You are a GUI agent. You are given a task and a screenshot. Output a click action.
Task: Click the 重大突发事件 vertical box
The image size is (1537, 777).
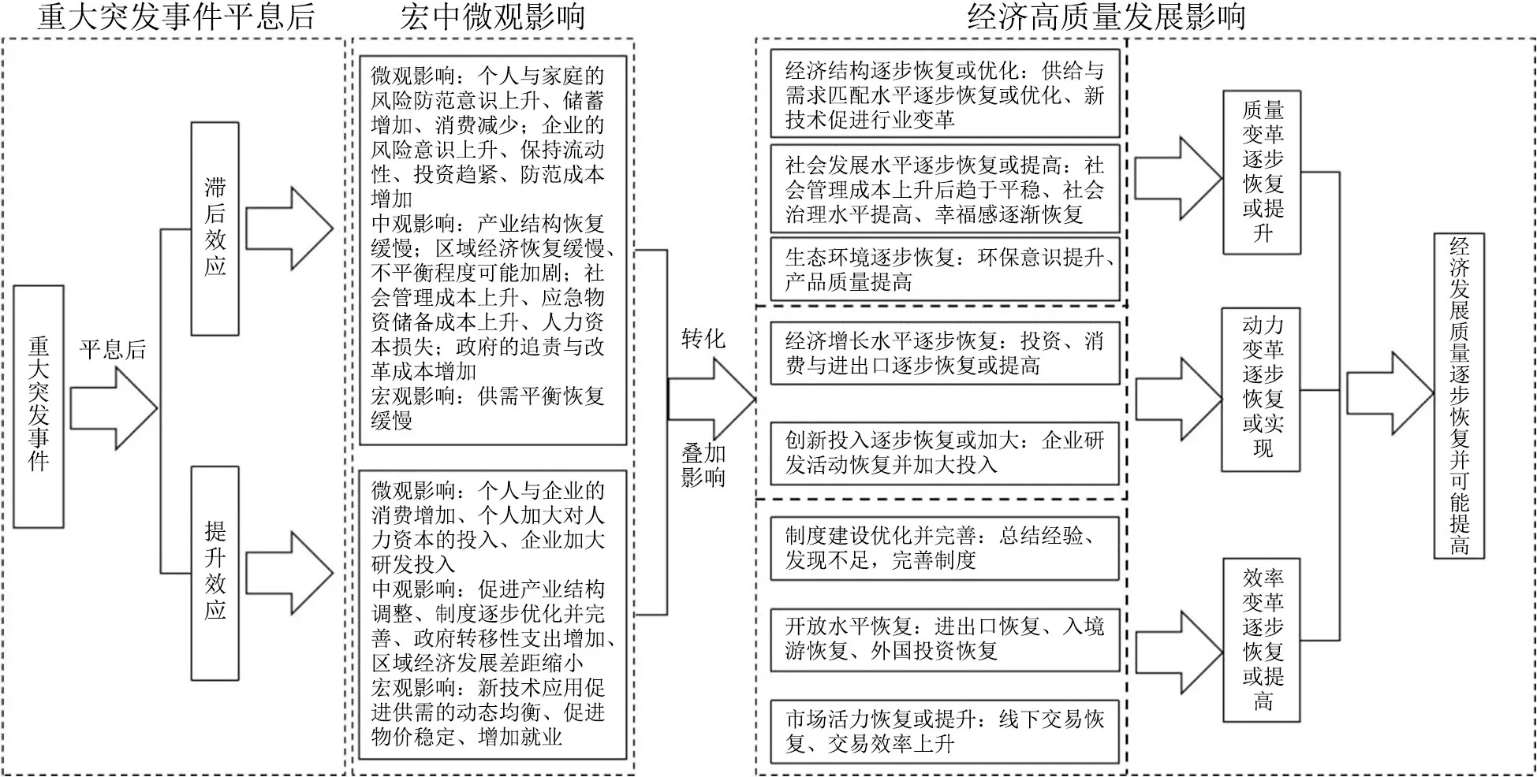tap(39, 407)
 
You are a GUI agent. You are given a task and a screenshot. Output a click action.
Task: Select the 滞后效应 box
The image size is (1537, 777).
tap(215, 229)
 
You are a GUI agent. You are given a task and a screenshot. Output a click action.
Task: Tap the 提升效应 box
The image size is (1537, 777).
tap(215, 573)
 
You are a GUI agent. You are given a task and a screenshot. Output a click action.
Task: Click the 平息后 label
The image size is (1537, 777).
tap(113, 349)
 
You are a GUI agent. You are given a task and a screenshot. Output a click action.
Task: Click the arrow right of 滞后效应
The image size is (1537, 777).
tap(289, 229)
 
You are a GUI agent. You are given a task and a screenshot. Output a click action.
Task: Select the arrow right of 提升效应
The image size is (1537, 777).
tap(289, 573)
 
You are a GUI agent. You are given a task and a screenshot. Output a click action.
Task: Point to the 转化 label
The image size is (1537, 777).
tap(703, 339)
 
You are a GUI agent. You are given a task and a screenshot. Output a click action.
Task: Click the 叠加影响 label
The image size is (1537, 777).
tap(703, 465)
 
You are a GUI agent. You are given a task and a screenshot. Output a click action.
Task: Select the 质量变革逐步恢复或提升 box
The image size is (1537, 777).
tap(1262, 172)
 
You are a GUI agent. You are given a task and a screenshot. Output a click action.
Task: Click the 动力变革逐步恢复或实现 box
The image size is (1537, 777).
tap(1262, 389)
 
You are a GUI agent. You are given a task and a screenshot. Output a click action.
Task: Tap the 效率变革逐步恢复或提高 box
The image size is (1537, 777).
tap(1262, 640)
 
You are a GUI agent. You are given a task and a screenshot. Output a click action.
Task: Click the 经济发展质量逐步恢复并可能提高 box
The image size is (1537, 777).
tap(1459, 396)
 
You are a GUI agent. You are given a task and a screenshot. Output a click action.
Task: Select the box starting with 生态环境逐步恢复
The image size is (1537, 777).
tap(945, 270)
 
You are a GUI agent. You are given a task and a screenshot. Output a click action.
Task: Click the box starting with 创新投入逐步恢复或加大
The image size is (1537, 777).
tap(945, 453)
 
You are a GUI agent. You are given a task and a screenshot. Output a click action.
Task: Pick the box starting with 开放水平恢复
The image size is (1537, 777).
tap(945, 639)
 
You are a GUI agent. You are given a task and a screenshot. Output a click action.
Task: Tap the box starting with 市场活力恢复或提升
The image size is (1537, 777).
tap(945, 731)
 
